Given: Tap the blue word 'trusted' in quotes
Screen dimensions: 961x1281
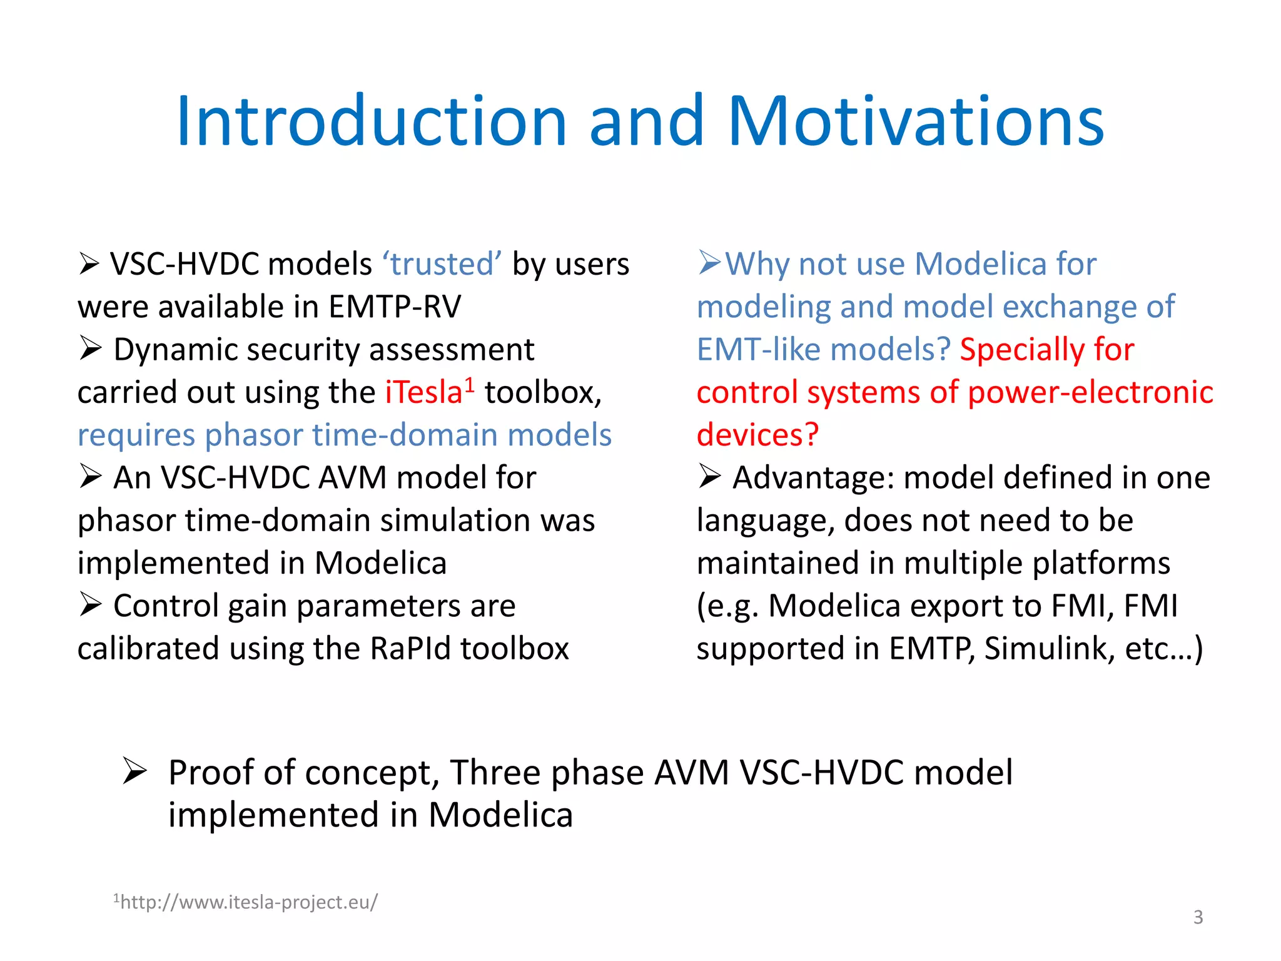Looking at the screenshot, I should coord(442,264).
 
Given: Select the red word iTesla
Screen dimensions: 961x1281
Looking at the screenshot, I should coord(423,393).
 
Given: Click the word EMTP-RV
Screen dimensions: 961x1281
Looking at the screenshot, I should coord(395,307).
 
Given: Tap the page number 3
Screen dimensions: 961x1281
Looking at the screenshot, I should coord(1198,917).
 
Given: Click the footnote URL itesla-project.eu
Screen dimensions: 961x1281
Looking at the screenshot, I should coord(246,902).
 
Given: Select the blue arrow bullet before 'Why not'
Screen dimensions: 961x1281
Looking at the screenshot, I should coord(710,263).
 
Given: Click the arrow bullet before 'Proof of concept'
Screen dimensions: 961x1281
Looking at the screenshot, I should coord(134,771).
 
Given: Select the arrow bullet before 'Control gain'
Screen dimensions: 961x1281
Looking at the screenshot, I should coord(91,605).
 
